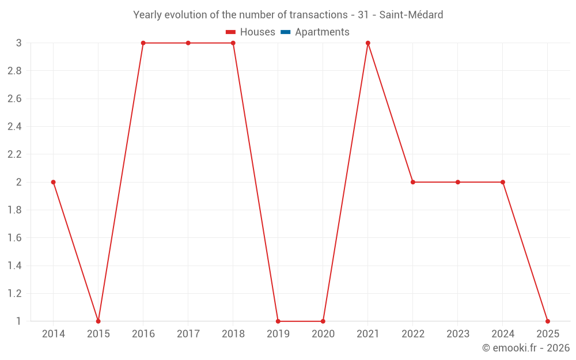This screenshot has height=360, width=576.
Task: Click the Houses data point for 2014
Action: pyautogui.click(x=54, y=182)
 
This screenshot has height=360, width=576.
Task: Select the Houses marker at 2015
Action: pyautogui.click(x=98, y=321)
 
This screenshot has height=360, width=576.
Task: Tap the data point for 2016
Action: pyautogui.click(x=143, y=43)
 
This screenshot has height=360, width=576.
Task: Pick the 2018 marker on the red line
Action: pyautogui.click(x=233, y=43)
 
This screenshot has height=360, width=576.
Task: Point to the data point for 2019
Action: pyautogui.click(x=278, y=321)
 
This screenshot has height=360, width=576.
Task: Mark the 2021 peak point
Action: pyautogui.click(x=368, y=43)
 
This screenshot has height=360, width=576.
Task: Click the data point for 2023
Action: pyautogui.click(x=458, y=182)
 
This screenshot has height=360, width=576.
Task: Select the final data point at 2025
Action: pyautogui.click(x=548, y=321)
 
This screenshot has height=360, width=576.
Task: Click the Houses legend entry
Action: pyautogui.click(x=251, y=32)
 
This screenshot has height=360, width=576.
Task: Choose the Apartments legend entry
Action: pyautogui.click(x=315, y=32)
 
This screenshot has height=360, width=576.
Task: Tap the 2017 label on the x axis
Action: pyautogui.click(x=188, y=334)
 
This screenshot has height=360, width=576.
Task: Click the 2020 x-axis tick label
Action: pyautogui.click(x=323, y=334)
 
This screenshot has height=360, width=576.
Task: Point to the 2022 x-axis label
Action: pyautogui.click(x=413, y=334)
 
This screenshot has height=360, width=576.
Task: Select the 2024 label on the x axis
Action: pyautogui.click(x=503, y=334)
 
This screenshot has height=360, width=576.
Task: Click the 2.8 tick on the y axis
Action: pyautogui.click(x=14, y=71)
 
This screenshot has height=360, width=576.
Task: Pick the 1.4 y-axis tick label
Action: pyautogui.click(x=14, y=266)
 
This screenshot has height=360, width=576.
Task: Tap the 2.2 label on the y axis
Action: pyautogui.click(x=14, y=154)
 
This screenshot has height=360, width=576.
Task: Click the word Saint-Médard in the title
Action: pyautogui.click(x=411, y=15)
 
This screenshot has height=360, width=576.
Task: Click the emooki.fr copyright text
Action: pyautogui.click(x=526, y=348)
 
